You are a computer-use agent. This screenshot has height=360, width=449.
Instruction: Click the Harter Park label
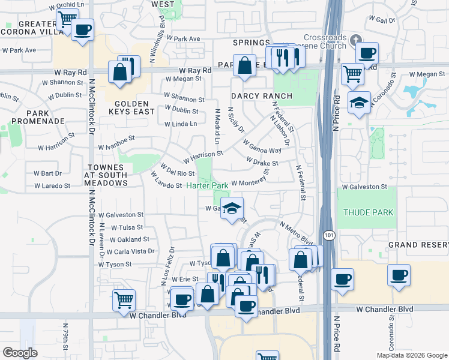tap(206, 185)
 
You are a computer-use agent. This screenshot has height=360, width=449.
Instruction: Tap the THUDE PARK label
tap(368, 212)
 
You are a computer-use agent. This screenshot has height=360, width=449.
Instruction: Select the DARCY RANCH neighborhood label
tap(262, 96)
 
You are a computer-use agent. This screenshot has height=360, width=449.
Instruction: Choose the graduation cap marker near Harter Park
tap(232, 208)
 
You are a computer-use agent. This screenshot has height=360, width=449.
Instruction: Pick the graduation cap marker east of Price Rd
tap(359, 103)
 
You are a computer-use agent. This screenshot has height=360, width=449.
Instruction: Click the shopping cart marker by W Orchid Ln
tap(68, 20)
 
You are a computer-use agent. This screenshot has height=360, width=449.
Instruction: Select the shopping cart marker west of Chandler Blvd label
tap(124, 298)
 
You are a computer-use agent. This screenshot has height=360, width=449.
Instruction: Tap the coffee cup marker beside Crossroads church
tap(367, 53)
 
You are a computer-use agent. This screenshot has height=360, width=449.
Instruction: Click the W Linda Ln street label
tap(180, 124)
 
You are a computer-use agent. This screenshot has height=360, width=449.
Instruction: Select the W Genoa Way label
tap(262, 147)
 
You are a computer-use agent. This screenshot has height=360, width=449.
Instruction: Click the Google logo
tap(20, 353)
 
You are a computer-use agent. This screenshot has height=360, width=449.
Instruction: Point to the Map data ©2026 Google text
tap(411, 355)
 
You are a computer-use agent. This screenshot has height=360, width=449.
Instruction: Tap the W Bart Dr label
tap(47, 173)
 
